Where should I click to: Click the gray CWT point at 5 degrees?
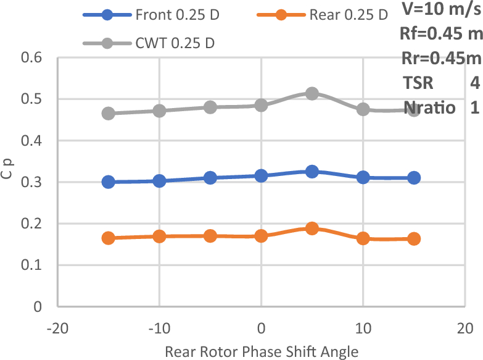(312, 93)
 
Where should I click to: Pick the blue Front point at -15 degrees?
(109, 182)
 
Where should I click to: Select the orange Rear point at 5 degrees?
(312, 228)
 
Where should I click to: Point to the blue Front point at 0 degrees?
(261, 176)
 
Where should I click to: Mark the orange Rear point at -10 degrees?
(159, 236)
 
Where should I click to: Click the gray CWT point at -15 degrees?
(109, 113)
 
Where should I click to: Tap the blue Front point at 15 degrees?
(414, 178)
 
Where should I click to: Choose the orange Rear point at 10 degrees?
(363, 238)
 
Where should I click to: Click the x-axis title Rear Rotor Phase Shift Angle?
(262, 351)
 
